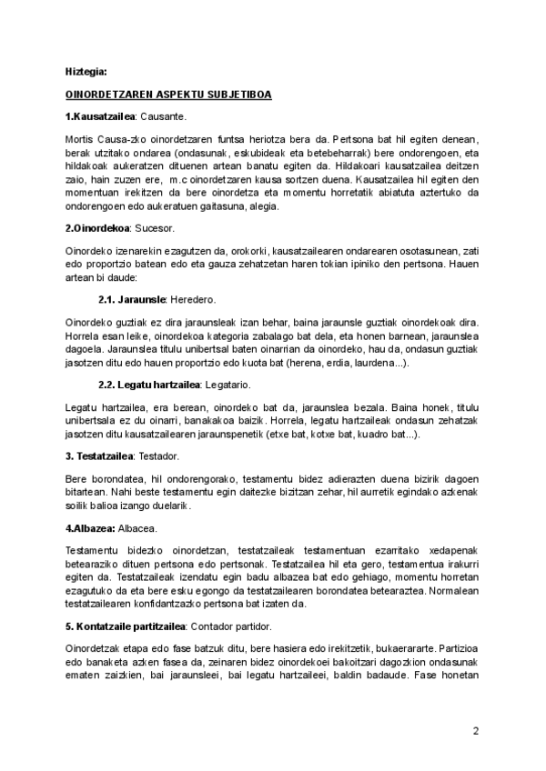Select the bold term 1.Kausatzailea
[x=100, y=116]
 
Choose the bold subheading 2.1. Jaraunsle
[x=131, y=299]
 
